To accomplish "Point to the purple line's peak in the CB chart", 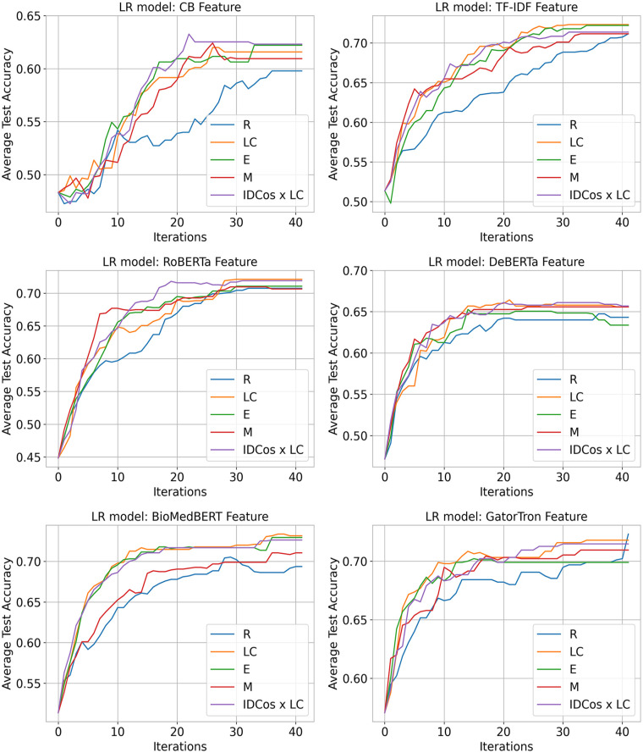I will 189,35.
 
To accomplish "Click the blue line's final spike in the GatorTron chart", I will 627,534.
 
